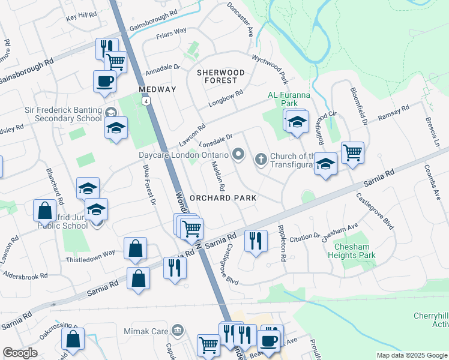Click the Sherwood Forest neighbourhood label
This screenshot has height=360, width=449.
pos(221,76)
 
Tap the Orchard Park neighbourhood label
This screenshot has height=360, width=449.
pos(223,197)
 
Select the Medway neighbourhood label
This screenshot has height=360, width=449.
pos(157,89)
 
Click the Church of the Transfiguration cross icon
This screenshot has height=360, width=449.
pos(261,158)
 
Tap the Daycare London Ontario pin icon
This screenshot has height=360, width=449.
pos(238,155)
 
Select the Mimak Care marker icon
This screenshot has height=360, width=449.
pos(176,329)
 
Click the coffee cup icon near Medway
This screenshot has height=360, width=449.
pos(104,81)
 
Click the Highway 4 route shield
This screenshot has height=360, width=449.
pos(146,101)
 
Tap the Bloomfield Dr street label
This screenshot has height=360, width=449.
pos(359,105)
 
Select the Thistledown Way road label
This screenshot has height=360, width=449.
pos(90,253)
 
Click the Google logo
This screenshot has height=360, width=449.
pos(20,353)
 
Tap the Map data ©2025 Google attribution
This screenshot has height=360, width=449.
pos(411,355)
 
